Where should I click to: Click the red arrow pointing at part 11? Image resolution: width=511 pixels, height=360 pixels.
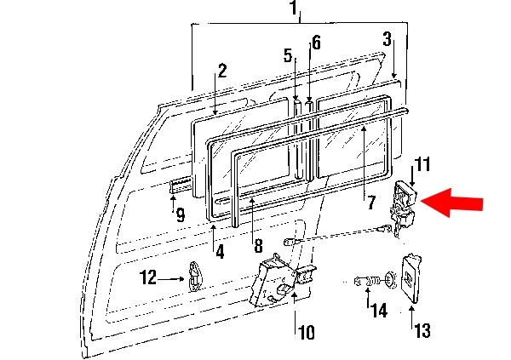click(451, 203)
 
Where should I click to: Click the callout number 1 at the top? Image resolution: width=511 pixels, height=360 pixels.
click(294, 8)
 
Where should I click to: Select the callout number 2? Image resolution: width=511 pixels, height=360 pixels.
click(222, 71)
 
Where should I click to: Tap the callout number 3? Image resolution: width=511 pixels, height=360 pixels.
click(387, 39)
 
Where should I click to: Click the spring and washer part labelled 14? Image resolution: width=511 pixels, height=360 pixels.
click(375, 280)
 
